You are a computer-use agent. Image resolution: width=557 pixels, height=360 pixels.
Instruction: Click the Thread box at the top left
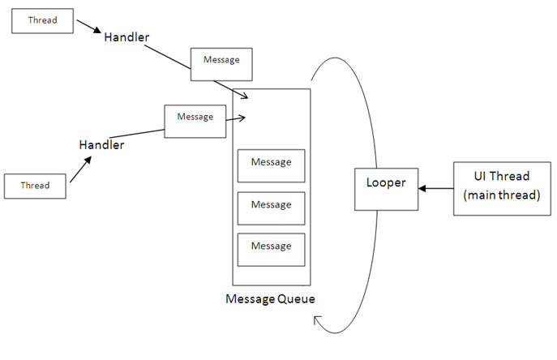click(x=43, y=20)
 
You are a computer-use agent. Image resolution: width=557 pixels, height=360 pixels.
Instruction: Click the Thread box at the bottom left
click(x=36, y=185)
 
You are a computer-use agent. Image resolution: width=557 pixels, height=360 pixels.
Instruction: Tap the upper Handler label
click(x=126, y=38)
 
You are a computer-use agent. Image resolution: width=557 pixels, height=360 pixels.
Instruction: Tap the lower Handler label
click(x=101, y=145)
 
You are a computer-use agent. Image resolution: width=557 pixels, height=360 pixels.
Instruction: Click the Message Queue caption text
click(x=270, y=299)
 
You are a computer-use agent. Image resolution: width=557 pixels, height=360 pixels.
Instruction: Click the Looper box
click(x=387, y=188)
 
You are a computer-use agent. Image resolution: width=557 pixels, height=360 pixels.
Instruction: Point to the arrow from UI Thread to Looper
click(x=436, y=188)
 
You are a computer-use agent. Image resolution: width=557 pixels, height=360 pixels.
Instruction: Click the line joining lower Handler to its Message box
click(x=138, y=133)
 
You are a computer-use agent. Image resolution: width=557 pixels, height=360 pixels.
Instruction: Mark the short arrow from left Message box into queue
click(x=235, y=120)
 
